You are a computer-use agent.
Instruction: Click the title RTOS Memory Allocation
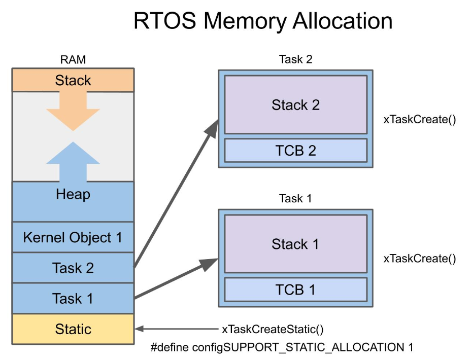[x=263, y=21]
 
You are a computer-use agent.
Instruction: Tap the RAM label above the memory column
[x=73, y=59]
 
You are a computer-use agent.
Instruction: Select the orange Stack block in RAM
[x=73, y=80]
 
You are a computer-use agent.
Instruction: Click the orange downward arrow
[x=73, y=111]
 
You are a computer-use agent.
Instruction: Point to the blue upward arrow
[x=73, y=162]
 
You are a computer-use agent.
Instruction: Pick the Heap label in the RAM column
[x=73, y=194]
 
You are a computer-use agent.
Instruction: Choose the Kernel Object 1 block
[x=73, y=237]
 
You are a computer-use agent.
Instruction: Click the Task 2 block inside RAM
[x=73, y=268]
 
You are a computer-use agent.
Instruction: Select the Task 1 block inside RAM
[x=73, y=298]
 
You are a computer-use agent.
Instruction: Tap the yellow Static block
[x=73, y=329]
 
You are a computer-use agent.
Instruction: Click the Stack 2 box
[x=295, y=104]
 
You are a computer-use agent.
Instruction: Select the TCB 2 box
[x=295, y=151]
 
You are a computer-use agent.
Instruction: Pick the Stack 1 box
[x=295, y=244]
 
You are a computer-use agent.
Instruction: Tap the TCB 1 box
[x=295, y=290]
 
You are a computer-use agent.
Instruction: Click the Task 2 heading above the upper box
[x=295, y=59]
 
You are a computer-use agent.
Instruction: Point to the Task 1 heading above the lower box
[x=295, y=198]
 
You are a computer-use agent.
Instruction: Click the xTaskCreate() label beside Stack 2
[x=420, y=119]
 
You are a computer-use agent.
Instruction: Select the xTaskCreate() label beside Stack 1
[x=420, y=259]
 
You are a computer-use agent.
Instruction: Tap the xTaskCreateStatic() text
[x=273, y=329]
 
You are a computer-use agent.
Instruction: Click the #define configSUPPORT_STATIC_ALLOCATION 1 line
[x=282, y=347]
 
